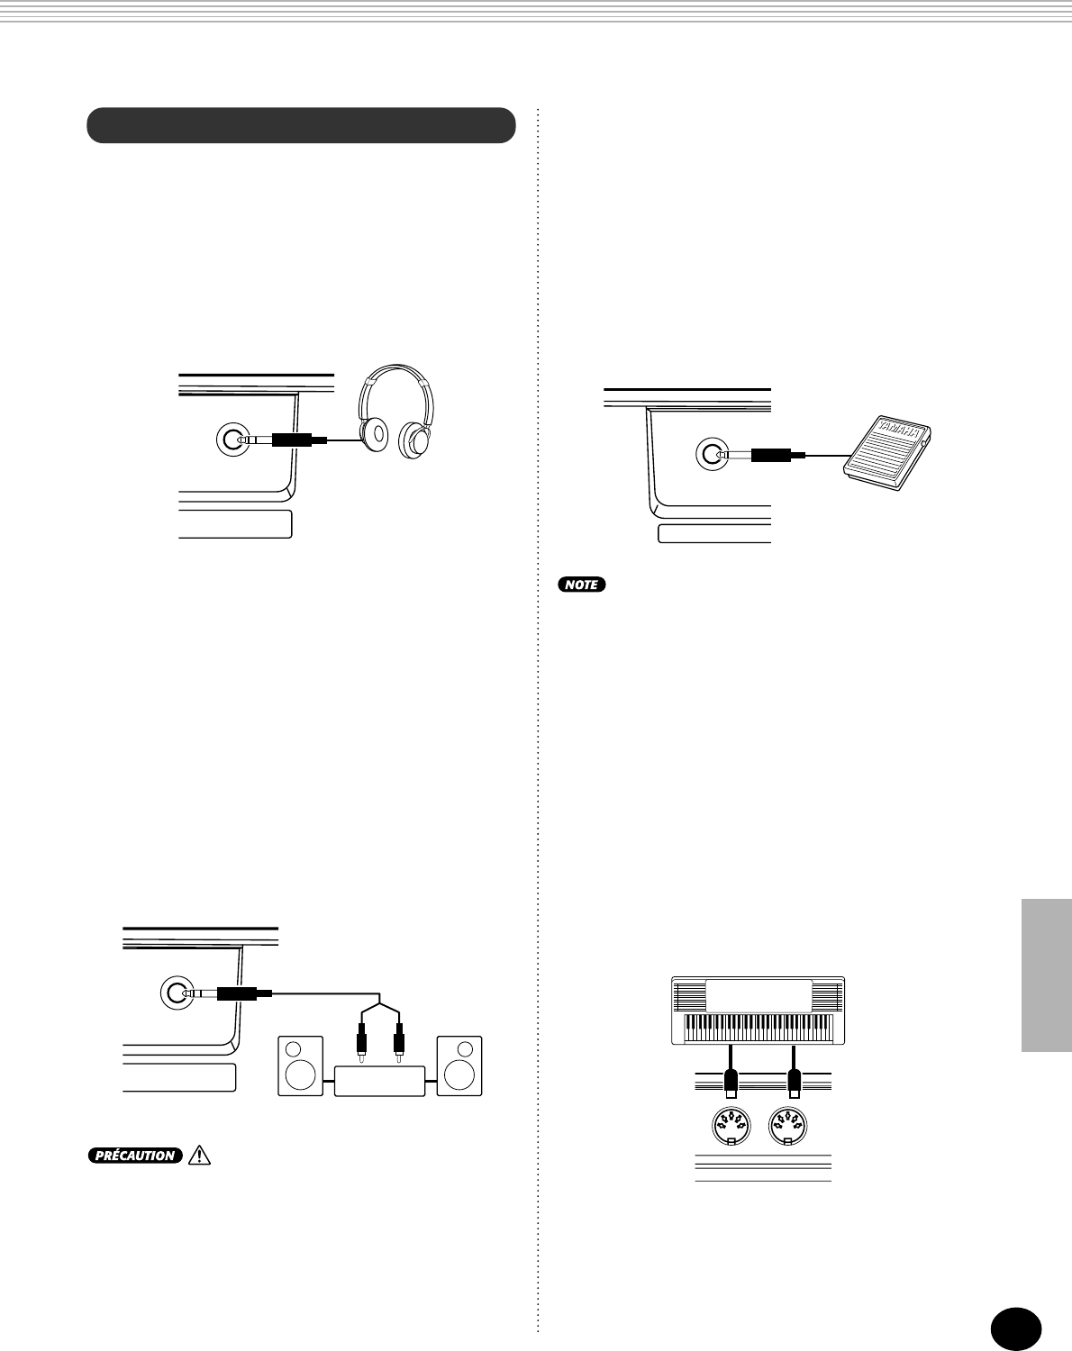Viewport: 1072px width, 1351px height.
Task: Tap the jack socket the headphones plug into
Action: pos(233,440)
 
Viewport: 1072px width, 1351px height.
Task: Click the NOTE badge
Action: pos(582,585)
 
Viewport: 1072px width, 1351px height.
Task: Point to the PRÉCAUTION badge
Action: pos(135,1156)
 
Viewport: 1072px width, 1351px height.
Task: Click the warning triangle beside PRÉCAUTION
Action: pos(199,1156)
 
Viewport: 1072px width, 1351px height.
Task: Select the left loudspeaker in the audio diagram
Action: pos(301,1065)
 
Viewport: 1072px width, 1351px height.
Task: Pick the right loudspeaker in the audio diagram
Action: pos(459,1065)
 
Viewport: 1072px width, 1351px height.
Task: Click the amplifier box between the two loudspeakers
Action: pos(379,1080)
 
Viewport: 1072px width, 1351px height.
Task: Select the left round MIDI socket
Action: pos(731,1126)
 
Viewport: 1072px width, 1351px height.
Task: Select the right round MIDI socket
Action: pos(787,1126)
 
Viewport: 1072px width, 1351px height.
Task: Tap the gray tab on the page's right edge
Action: pos(1047,975)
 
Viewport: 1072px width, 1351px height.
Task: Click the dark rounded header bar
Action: pos(301,126)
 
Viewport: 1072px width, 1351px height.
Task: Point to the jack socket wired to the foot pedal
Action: pos(713,455)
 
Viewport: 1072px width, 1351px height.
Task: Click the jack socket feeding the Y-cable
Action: pos(177,993)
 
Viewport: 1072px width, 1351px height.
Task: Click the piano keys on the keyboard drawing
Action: pos(758,1028)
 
